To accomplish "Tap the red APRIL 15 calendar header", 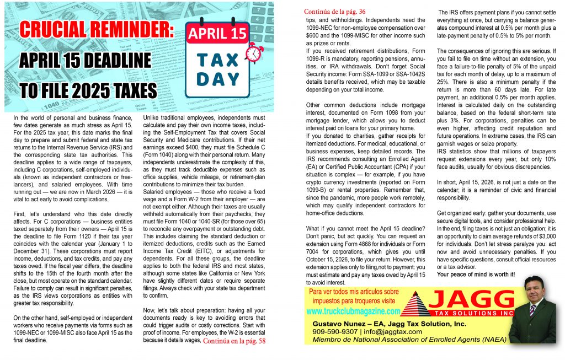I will [x=217, y=34].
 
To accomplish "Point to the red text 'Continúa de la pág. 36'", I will [x=334, y=11].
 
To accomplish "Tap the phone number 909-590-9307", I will [x=335, y=332].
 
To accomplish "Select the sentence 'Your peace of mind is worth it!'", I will [x=476, y=274].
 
